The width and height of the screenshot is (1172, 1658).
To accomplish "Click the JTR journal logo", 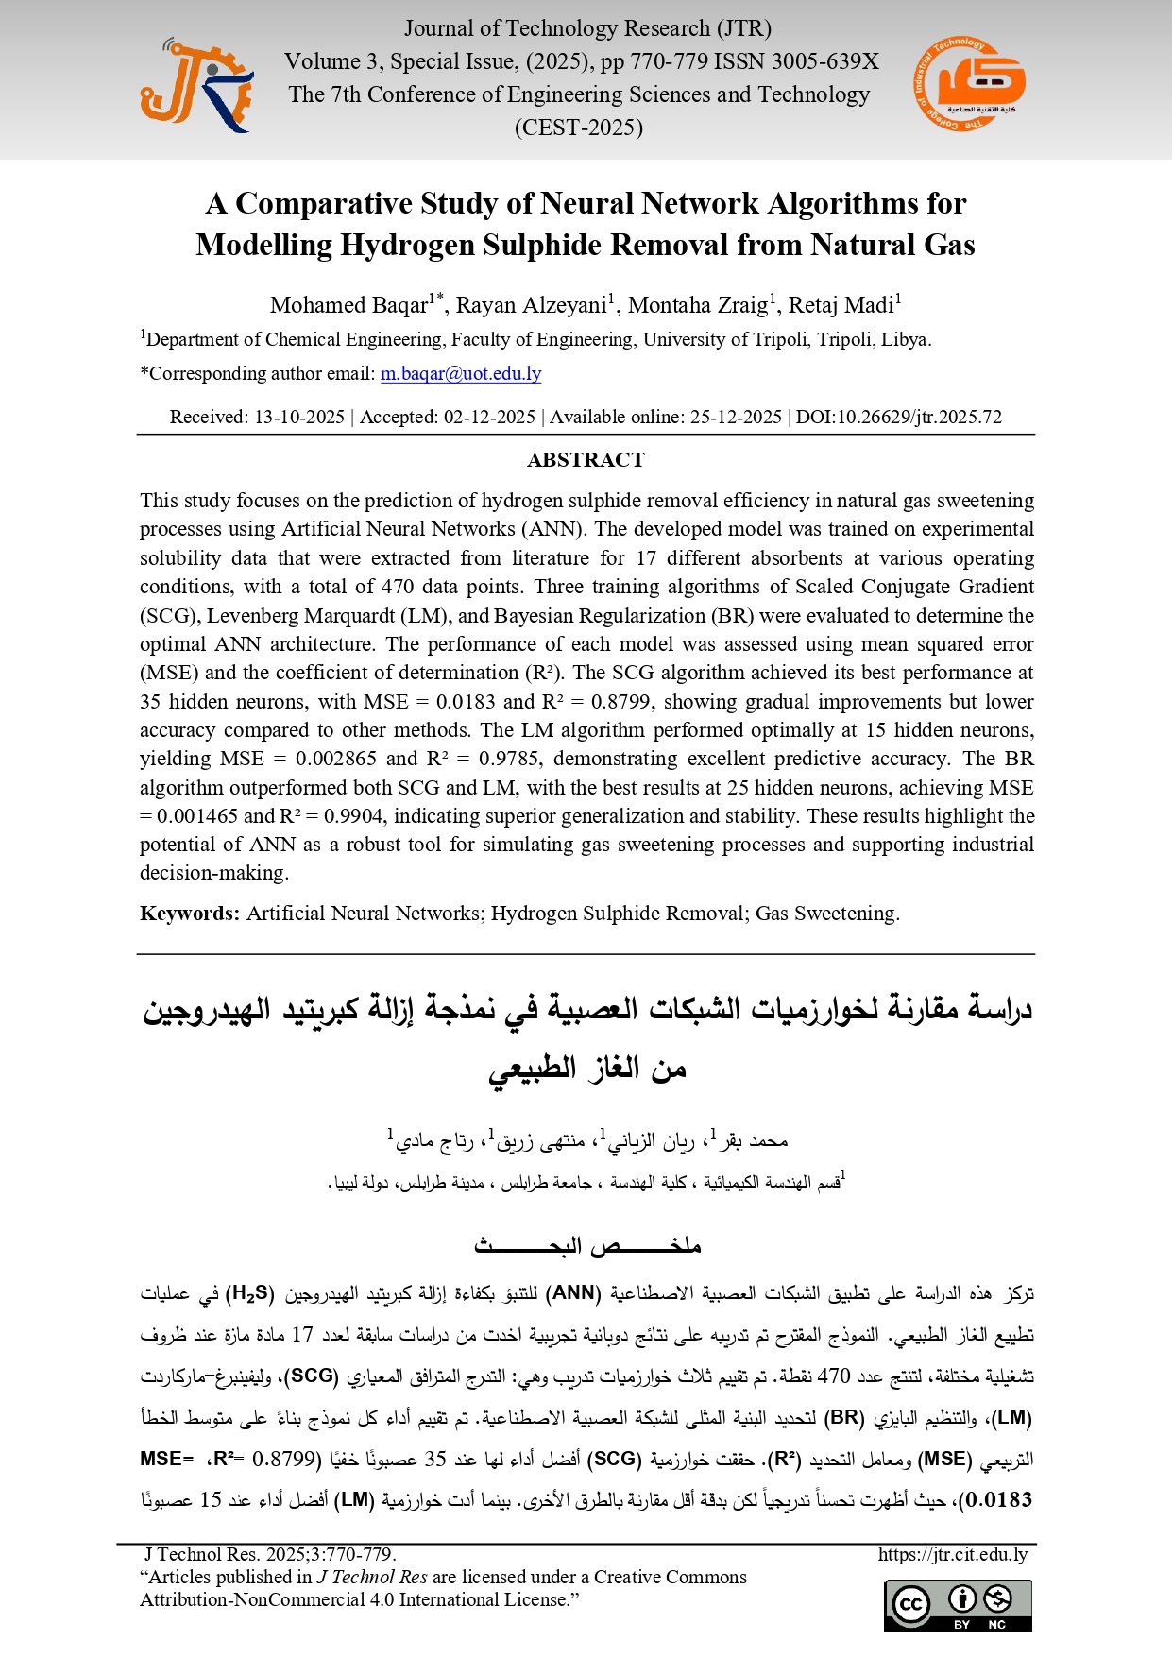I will (x=196, y=85).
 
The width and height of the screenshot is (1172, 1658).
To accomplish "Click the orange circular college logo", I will (x=969, y=83).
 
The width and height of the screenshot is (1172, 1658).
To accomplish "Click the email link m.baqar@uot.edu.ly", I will (x=461, y=374).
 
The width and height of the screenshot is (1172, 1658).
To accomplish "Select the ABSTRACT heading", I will (x=586, y=460).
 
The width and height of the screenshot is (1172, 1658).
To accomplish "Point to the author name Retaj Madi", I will (x=841, y=305).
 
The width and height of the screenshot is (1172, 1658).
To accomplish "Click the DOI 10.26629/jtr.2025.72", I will (x=899, y=418).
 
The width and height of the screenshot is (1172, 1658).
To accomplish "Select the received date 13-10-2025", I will (x=299, y=418).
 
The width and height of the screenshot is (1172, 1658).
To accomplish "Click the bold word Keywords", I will (x=189, y=914).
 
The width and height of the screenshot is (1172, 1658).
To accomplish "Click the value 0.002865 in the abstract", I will (x=335, y=759).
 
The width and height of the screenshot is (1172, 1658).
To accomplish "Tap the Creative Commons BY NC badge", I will (x=958, y=1605).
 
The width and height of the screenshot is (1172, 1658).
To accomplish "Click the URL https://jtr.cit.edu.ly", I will (x=952, y=1555).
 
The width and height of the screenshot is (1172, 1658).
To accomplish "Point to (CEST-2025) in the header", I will (x=578, y=128).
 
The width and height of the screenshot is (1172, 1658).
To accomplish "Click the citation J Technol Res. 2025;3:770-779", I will (x=270, y=1555).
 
